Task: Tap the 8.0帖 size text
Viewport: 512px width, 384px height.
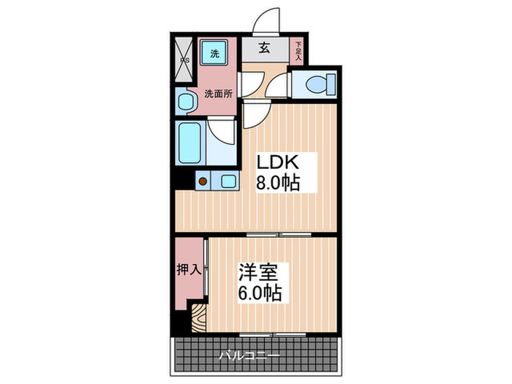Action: point(277,184)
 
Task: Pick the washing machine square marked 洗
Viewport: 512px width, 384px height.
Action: point(215,53)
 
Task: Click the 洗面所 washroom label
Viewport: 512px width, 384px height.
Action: point(218,94)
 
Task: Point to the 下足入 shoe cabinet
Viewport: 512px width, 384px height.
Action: point(298,50)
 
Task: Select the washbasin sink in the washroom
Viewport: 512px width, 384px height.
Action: point(184,101)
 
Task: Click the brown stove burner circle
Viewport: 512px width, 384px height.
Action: point(201,181)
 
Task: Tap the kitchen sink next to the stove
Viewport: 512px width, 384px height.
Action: point(227,181)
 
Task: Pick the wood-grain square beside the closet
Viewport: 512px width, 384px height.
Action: point(198,314)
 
